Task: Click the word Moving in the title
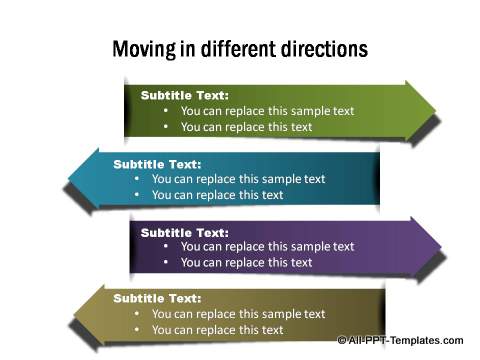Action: (x=142, y=49)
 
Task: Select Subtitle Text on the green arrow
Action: (x=185, y=95)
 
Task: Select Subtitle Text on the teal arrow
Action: (x=157, y=164)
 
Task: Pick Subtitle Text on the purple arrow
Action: (x=185, y=232)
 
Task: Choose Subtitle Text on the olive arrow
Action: (x=157, y=298)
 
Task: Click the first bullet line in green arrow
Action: (x=267, y=111)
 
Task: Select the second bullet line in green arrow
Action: (x=246, y=127)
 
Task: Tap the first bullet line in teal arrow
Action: (x=238, y=179)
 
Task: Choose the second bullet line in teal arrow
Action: (x=217, y=195)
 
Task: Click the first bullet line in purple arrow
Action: (x=267, y=247)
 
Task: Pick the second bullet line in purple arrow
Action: (x=246, y=262)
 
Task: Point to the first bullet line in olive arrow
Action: (x=238, y=314)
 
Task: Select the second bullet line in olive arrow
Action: (x=217, y=329)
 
